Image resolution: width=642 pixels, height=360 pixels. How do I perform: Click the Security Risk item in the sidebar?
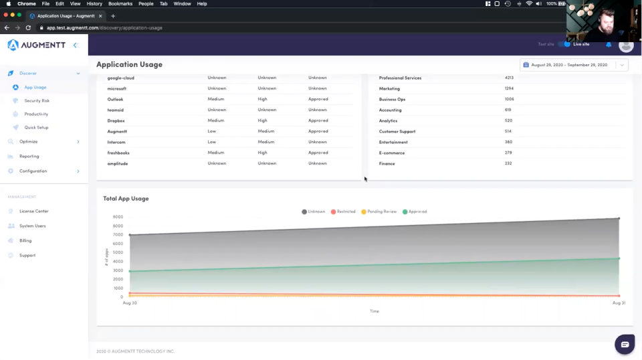[x=37, y=100]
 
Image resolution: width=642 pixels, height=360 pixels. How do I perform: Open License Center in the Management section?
[x=33, y=211]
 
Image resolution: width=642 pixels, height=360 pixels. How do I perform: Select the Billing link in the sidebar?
[x=25, y=240]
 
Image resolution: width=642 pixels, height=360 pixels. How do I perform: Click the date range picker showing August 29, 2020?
[x=573, y=65]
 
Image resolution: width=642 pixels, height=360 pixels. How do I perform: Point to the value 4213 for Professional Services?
[x=509, y=78]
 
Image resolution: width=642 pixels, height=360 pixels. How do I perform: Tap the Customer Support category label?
[x=397, y=131]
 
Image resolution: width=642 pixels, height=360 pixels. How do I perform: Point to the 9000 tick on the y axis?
[x=118, y=217]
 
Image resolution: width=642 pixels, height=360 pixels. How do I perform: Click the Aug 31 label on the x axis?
[x=619, y=303]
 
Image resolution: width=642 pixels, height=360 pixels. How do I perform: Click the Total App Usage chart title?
[x=126, y=199]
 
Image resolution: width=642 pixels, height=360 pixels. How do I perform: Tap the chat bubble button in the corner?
[x=625, y=345]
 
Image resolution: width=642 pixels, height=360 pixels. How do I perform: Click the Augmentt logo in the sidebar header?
[x=37, y=45]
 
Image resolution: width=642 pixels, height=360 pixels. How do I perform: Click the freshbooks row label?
[x=118, y=153]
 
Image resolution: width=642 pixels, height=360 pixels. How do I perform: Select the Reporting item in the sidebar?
[x=29, y=156]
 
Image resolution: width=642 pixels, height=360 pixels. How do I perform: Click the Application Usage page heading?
[x=129, y=65]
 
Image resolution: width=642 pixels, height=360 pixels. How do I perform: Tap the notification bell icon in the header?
[x=609, y=44]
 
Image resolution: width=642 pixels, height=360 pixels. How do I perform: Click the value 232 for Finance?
[x=508, y=163]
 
